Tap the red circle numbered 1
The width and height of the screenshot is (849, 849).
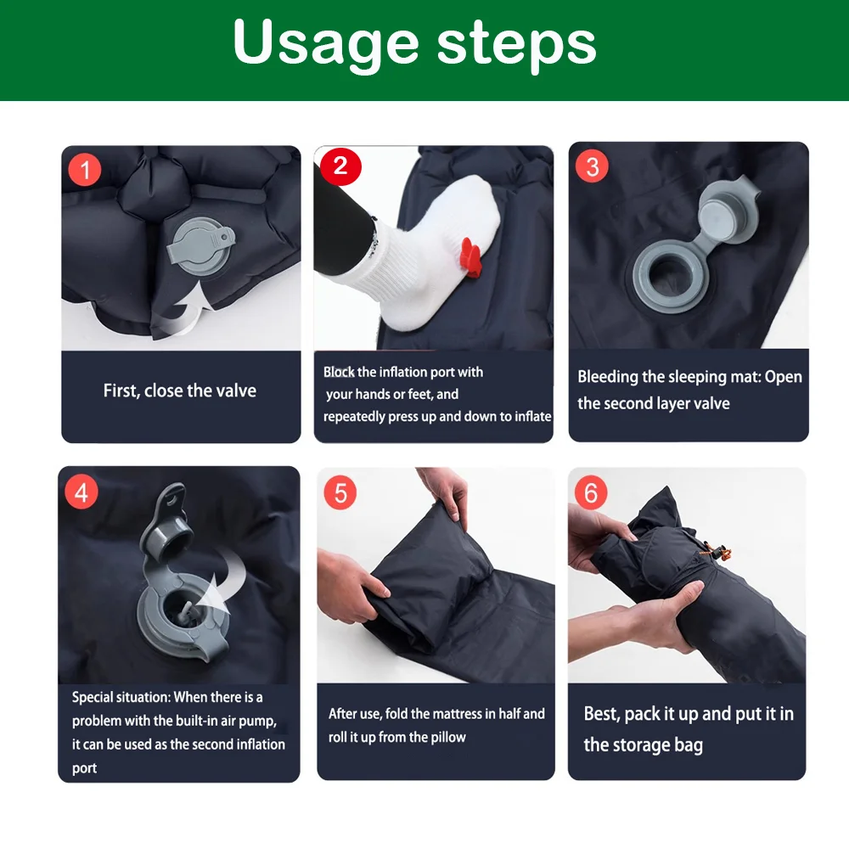pyautogui.click(x=84, y=170)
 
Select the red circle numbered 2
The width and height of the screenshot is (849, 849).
pyautogui.click(x=340, y=166)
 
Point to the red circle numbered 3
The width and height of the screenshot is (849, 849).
pyautogui.click(x=592, y=166)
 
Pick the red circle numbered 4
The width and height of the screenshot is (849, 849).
pyautogui.click(x=82, y=492)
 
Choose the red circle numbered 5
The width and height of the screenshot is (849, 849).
pyautogui.click(x=340, y=492)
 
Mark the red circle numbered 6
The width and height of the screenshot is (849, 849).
pyautogui.click(x=591, y=492)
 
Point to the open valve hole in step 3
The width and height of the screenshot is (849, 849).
pyautogui.click(x=669, y=276)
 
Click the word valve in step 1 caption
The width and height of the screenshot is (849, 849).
pyautogui.click(x=235, y=391)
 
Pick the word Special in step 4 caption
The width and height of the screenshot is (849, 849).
pyautogui.click(x=93, y=697)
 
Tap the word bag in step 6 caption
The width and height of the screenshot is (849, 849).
pyautogui.click(x=689, y=745)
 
